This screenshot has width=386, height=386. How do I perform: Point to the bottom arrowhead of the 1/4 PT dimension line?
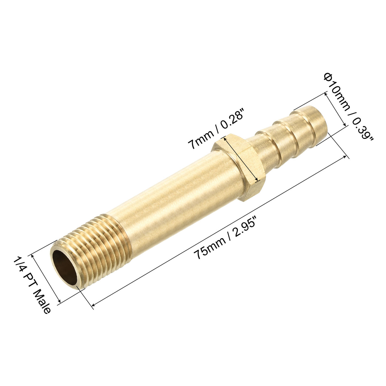pos(58,302)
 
